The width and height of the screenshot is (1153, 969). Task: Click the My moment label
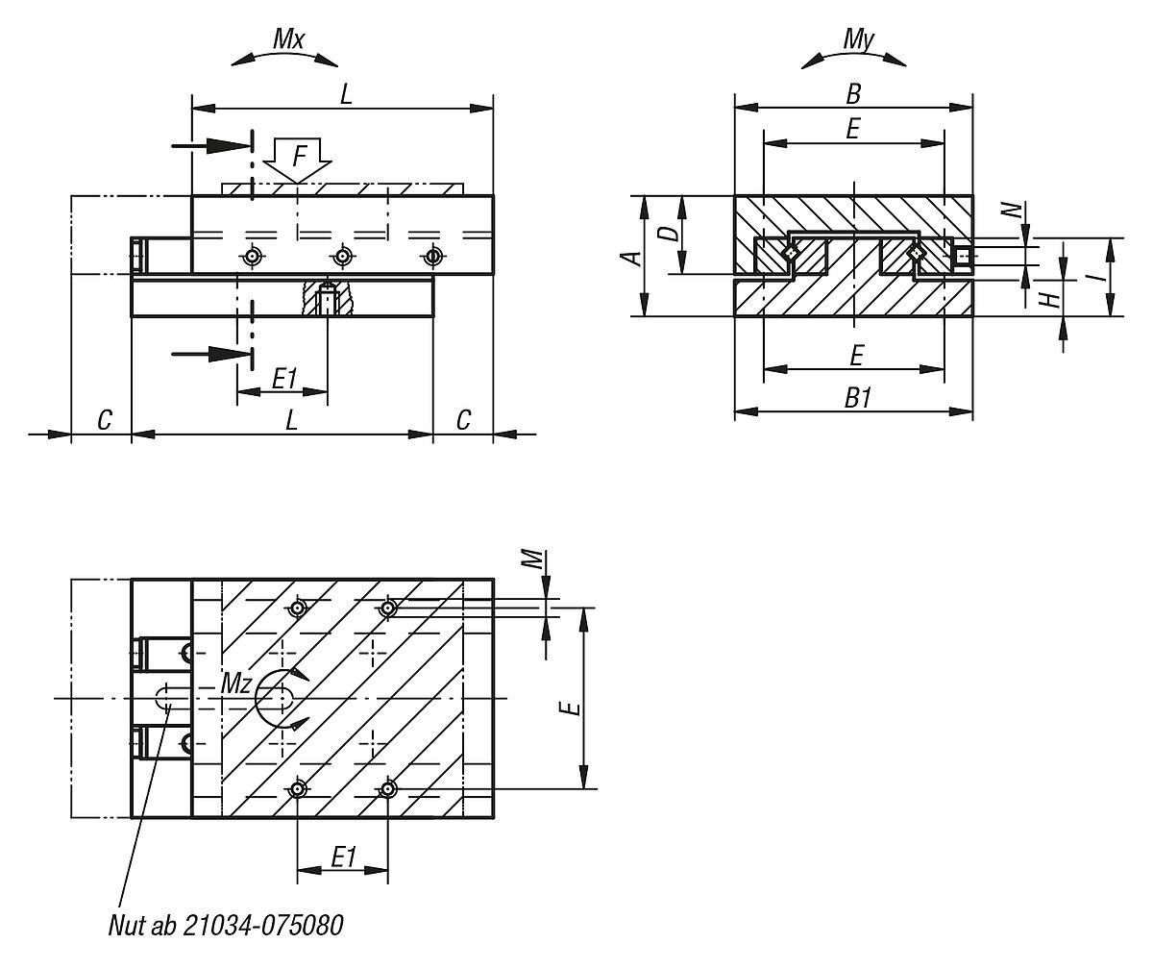(857, 39)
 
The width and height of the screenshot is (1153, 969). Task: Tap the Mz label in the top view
(236, 683)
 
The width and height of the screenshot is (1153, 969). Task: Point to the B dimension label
(852, 93)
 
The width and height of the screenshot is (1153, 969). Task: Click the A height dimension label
(629, 257)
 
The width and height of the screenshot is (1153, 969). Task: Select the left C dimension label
(105, 420)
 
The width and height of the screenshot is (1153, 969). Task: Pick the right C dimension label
(463, 420)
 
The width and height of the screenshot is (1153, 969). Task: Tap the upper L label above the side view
(345, 93)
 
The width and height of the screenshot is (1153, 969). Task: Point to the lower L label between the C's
(292, 420)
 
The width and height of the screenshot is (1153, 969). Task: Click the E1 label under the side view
(283, 379)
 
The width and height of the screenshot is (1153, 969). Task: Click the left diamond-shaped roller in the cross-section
(790, 253)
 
